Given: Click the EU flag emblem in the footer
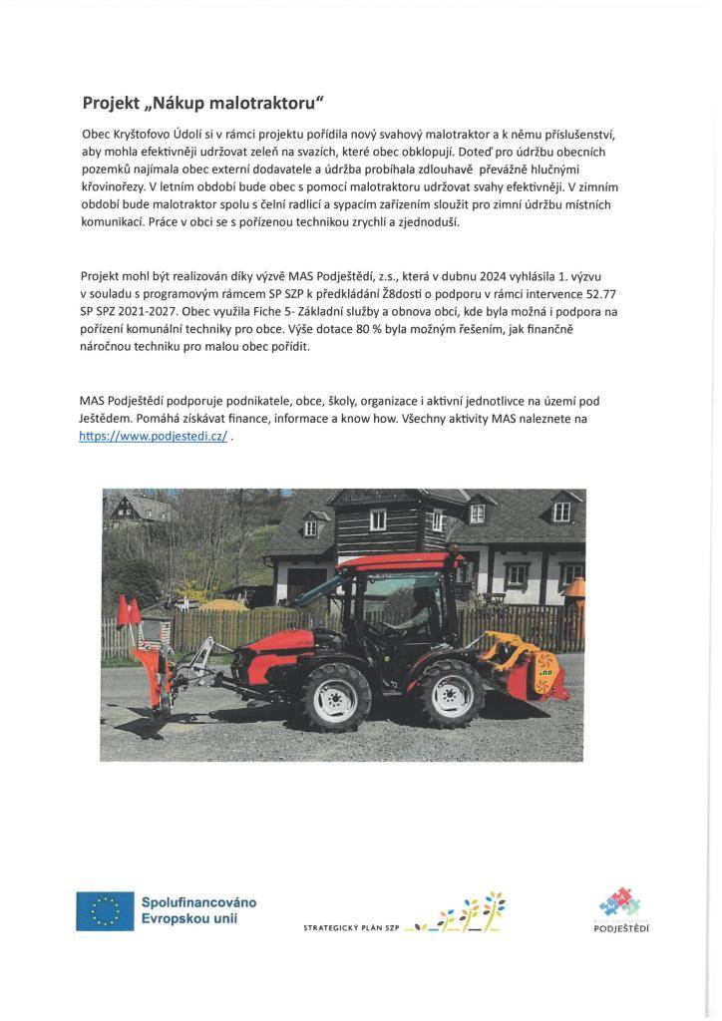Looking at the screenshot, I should [105, 910].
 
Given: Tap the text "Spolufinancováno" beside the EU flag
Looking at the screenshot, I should [199, 901].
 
